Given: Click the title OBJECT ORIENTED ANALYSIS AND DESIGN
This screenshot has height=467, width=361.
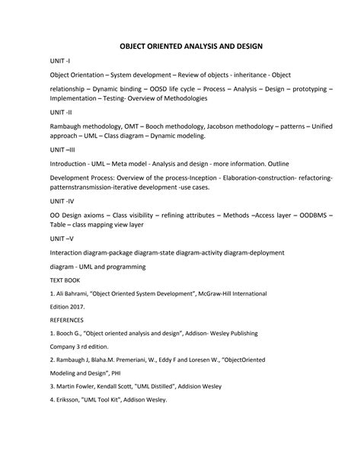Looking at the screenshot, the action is point(180,46).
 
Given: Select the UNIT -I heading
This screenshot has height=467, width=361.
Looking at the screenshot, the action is point(60,61).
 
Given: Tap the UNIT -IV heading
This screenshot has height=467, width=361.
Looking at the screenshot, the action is point(62,201).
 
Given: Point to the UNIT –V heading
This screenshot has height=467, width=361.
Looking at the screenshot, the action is point(61,238).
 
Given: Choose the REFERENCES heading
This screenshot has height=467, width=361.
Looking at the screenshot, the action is point(66,320).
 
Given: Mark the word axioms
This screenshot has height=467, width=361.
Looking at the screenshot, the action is point(98,215).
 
